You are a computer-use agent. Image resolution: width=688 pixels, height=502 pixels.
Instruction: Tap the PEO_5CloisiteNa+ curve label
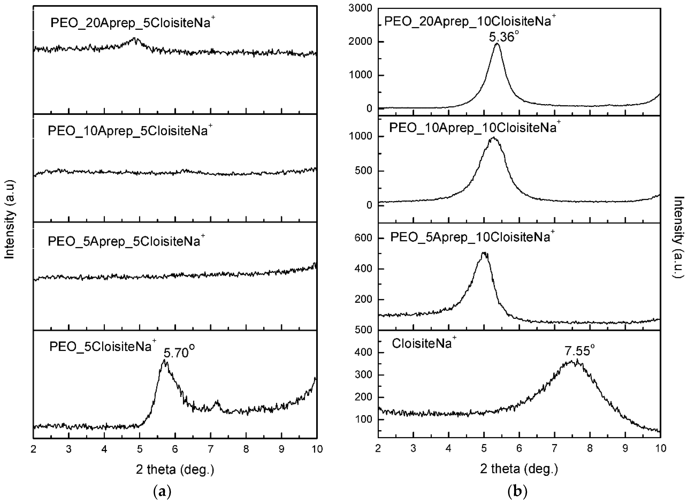pyautogui.click(x=103, y=347)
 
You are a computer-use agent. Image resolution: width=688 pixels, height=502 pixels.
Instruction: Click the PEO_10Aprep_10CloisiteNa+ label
pyautogui.click(x=475, y=128)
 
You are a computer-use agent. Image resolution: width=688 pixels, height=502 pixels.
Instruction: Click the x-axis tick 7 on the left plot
pyautogui.click(x=211, y=449)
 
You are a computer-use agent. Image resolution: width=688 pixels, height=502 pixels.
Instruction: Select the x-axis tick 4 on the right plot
pyautogui.click(x=448, y=449)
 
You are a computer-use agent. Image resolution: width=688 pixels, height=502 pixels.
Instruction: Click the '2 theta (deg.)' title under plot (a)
pyautogui.click(x=175, y=470)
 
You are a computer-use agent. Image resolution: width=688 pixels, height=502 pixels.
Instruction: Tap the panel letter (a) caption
pyautogui.click(x=162, y=491)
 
